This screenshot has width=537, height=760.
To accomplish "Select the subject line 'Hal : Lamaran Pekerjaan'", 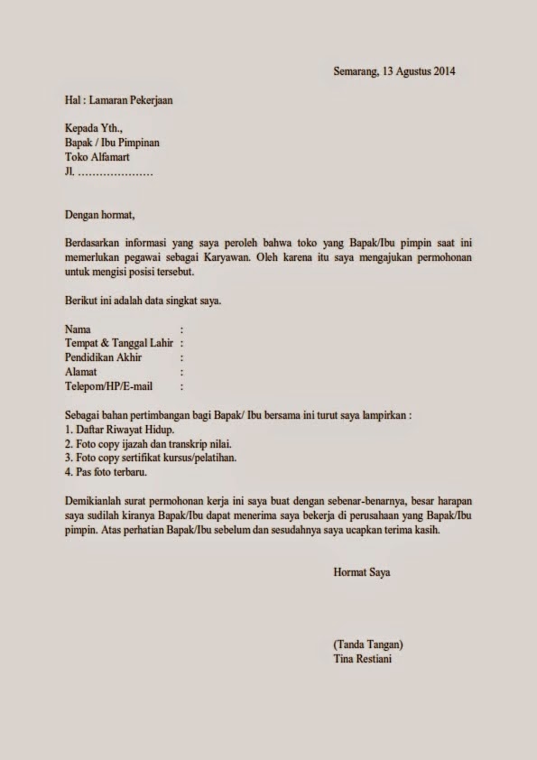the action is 118,100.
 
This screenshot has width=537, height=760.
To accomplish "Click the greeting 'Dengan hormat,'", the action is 99,214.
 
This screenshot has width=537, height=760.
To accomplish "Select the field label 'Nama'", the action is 78,329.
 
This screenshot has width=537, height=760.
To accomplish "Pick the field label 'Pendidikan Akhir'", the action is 104,358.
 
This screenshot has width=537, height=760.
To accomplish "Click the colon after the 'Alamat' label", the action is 182,373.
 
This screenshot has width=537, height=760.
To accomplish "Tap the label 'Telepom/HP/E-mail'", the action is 109,387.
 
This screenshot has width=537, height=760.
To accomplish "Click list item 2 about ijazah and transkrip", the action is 149,445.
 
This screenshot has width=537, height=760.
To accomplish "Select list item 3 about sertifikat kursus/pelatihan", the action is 151,459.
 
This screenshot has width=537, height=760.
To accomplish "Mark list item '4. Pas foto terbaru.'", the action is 106,473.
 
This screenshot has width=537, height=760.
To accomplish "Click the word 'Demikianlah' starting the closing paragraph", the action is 95,501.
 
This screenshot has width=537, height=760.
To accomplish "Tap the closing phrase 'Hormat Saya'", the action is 361,572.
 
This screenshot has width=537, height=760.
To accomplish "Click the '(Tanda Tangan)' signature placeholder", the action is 367,644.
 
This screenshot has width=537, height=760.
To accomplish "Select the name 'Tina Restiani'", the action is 363,659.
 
